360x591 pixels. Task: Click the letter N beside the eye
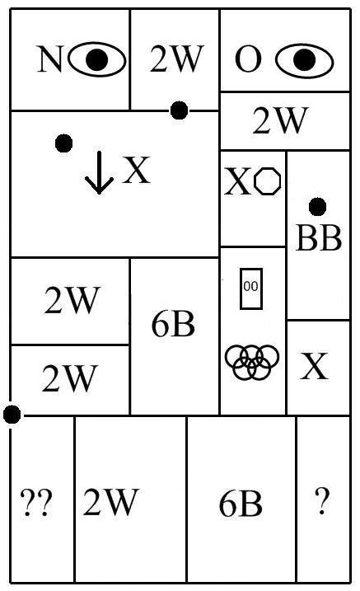pyautogui.click(x=49, y=59)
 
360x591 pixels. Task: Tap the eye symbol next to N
pyautogui.click(x=97, y=59)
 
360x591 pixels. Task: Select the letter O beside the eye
pyautogui.click(x=248, y=59)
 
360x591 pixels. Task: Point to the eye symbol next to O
pyautogui.click(x=304, y=60)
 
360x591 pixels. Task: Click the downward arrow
pyautogui.click(x=99, y=172)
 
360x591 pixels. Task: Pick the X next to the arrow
pyautogui.click(x=136, y=170)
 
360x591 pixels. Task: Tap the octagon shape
pyautogui.click(x=268, y=181)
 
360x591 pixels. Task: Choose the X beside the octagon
pyautogui.click(x=238, y=181)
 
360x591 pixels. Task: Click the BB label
pyautogui.click(x=319, y=238)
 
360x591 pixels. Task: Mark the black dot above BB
pyautogui.click(x=317, y=207)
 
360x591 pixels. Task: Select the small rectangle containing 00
pyautogui.click(x=251, y=288)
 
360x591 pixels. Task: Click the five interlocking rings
pyautogui.click(x=252, y=362)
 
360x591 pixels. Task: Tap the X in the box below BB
pyautogui.click(x=314, y=366)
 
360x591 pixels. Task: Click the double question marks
pyautogui.click(x=36, y=503)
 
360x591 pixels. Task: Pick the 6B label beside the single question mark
pyautogui.click(x=241, y=504)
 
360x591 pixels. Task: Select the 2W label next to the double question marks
pyautogui.click(x=110, y=502)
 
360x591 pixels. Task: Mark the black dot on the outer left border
pyautogui.click(x=12, y=415)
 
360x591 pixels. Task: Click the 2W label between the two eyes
pyautogui.click(x=176, y=59)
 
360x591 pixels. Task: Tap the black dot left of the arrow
pyautogui.click(x=63, y=143)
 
